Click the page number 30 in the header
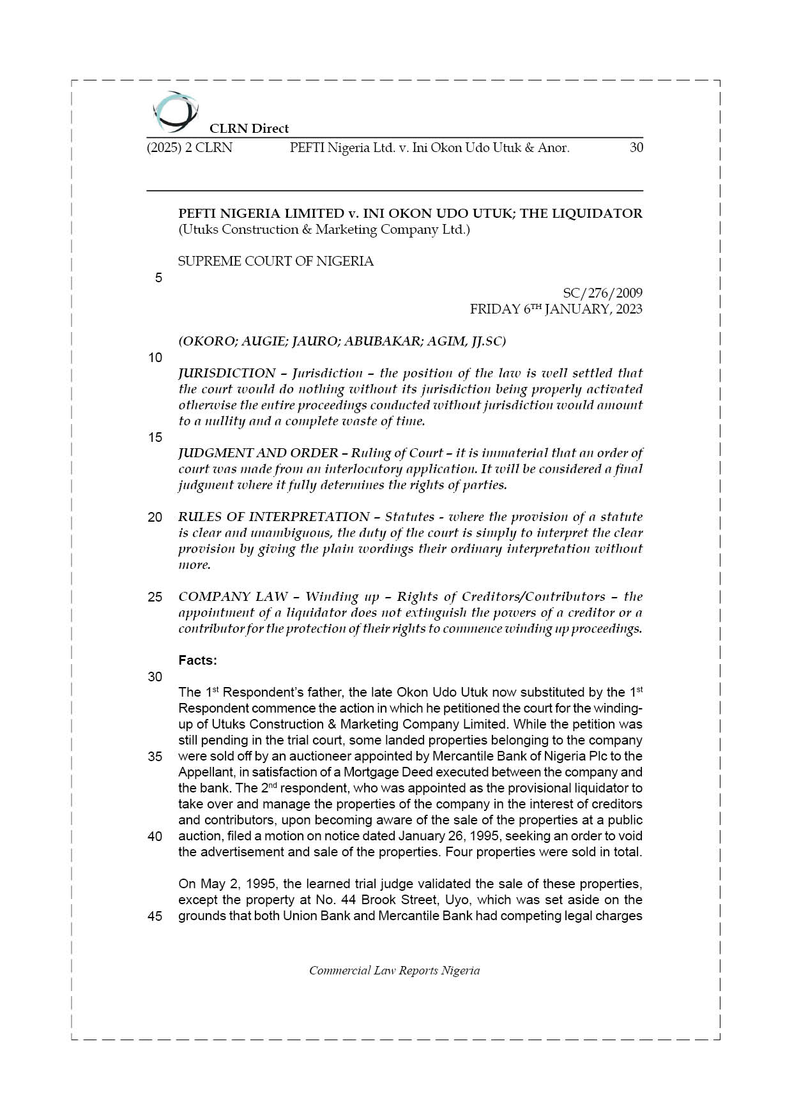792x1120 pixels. tap(636, 148)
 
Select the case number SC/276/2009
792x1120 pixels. tap(602, 293)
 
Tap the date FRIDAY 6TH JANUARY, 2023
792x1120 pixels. tap(556, 309)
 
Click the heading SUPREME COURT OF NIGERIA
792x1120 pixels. tap(276, 261)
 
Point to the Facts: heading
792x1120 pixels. tap(198, 660)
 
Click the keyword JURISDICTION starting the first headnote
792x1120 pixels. tap(227, 373)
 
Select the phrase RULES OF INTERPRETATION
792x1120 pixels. tap(273, 517)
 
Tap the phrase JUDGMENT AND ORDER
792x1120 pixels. tap(258, 453)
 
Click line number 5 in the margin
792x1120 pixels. tap(158, 278)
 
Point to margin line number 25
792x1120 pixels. tap(155, 597)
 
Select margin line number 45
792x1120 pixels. tap(155, 916)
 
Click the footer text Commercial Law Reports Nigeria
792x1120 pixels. tap(395, 971)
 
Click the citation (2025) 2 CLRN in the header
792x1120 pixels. tap(190, 148)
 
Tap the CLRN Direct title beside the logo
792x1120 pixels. tap(249, 128)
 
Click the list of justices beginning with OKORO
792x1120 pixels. tap(342, 341)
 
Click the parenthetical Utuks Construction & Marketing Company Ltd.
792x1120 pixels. tap(324, 229)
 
